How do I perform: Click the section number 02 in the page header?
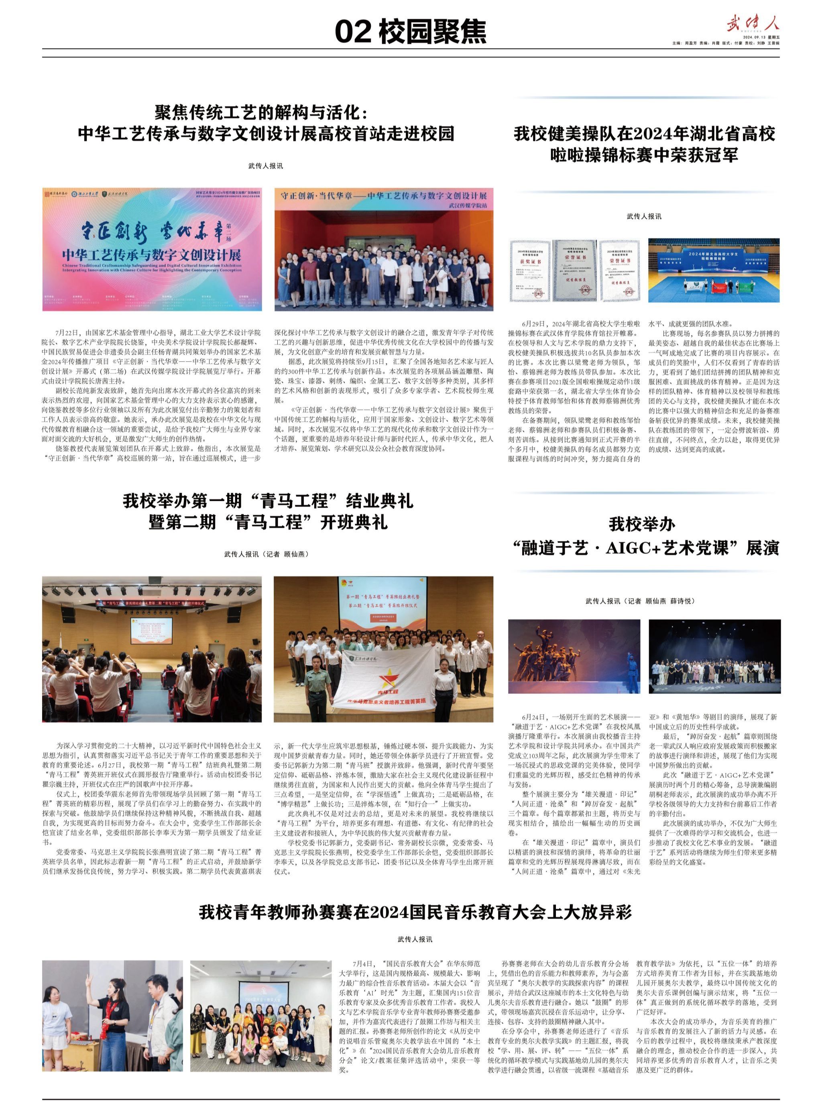click(353, 32)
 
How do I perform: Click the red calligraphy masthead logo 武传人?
click(752, 23)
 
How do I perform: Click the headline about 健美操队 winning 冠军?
click(644, 144)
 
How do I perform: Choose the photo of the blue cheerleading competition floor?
click(714, 270)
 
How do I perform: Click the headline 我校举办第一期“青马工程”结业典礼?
click(268, 500)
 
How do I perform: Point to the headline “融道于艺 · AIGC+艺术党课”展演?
click(645, 548)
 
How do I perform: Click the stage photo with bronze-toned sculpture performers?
click(574, 656)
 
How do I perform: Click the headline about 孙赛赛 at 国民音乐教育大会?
click(415, 913)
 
